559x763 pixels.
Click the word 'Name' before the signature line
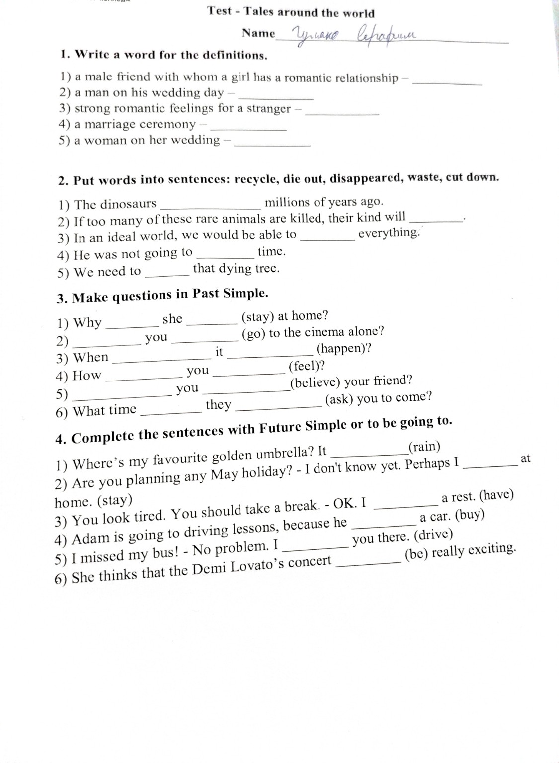(x=258, y=33)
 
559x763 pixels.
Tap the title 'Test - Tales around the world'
(x=291, y=12)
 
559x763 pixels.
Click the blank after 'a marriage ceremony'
(x=248, y=129)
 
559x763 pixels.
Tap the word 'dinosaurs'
(x=128, y=204)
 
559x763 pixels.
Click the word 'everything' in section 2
(x=389, y=233)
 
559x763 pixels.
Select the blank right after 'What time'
(x=169, y=412)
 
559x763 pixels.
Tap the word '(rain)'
(x=424, y=447)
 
